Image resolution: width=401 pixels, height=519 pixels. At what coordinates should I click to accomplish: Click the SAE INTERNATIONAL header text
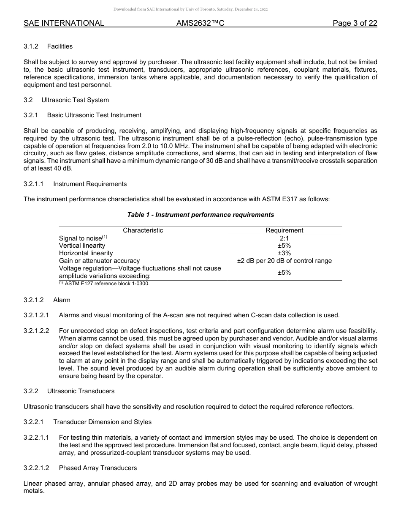(64, 23)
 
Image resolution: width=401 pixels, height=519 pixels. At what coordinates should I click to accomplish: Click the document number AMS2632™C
(200, 23)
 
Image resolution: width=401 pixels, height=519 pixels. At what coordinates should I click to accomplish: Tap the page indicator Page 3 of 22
(355, 23)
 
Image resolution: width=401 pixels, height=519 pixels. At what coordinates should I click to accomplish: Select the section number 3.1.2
(32, 46)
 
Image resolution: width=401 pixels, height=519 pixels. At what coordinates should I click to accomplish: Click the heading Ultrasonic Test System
(75, 100)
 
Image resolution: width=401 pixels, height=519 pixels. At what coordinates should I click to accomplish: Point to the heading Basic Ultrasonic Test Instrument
(94, 115)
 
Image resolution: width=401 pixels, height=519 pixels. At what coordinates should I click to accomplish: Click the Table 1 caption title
(200, 215)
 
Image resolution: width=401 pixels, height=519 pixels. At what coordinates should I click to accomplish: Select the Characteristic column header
(143, 230)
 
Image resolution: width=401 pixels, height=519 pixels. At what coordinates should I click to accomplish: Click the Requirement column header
(284, 230)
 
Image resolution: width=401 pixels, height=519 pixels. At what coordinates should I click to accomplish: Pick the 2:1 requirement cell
(284, 238)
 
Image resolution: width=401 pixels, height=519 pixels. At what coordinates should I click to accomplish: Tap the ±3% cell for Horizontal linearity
(284, 253)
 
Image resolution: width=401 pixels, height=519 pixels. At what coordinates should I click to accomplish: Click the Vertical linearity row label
(82, 246)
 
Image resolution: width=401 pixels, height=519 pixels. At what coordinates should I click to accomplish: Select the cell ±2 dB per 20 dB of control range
(284, 261)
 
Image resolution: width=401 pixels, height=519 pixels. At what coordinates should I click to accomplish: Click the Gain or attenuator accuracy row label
(99, 261)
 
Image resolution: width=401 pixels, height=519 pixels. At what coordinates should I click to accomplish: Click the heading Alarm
(62, 300)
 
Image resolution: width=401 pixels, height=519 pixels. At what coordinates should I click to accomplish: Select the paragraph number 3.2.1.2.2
(36, 330)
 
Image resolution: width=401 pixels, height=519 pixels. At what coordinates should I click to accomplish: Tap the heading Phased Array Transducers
(98, 468)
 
